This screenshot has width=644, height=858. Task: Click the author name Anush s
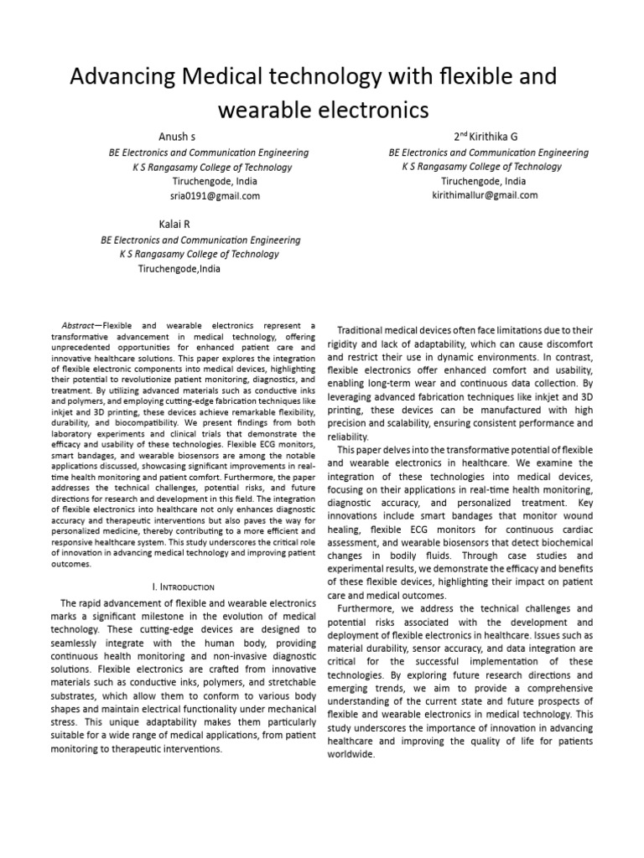(178, 137)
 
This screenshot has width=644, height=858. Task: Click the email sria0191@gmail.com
(215, 195)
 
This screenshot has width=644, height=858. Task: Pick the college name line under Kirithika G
(482, 167)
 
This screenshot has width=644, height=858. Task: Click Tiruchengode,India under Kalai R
(180, 268)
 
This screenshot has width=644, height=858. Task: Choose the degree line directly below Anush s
(209, 152)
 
